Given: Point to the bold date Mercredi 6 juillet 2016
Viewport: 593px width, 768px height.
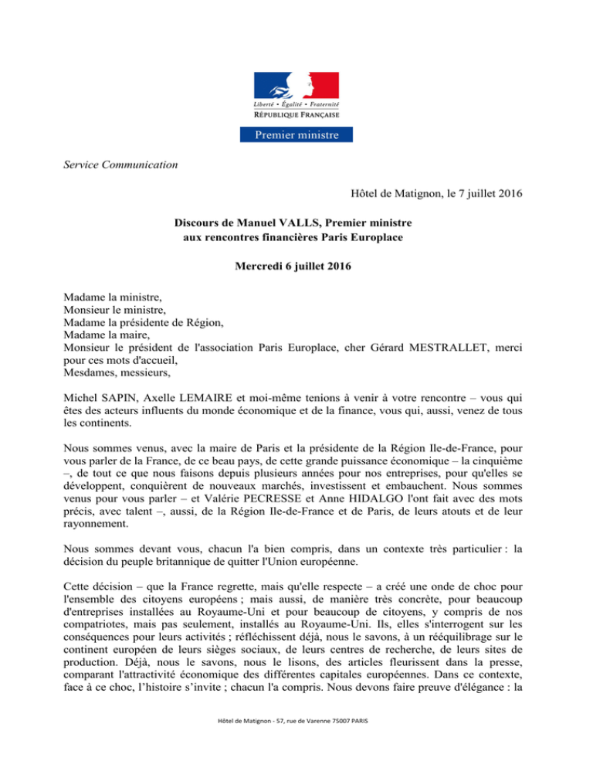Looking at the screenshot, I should (x=296, y=275).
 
